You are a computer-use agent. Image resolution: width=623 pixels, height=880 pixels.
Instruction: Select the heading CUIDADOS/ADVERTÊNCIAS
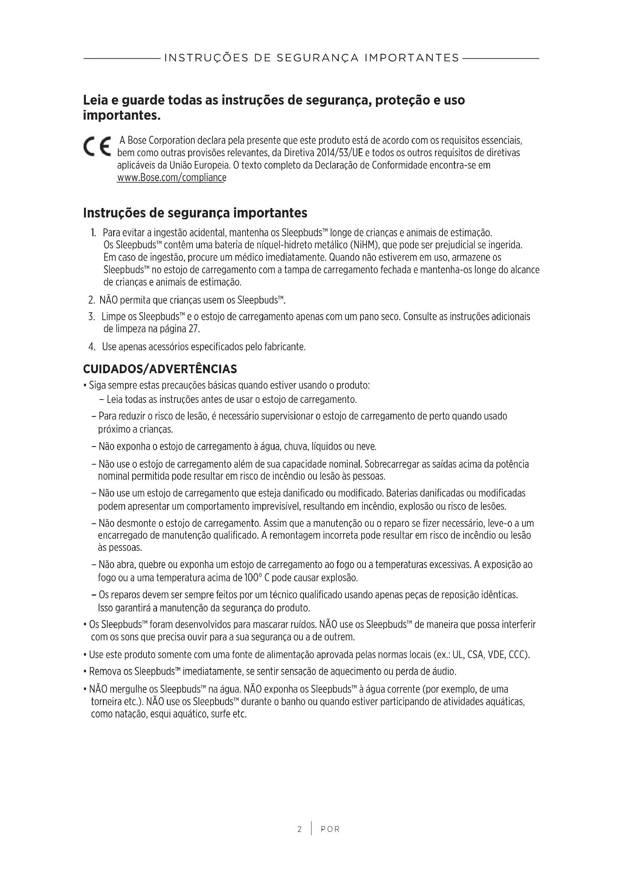160,369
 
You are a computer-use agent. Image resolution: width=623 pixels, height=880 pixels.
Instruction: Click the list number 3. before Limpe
91,316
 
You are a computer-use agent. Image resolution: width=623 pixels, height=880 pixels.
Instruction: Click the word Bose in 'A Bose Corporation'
137,140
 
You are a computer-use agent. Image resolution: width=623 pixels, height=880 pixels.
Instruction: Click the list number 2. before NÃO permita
91,300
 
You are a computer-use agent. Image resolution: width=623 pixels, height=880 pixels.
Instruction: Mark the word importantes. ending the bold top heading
122,116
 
